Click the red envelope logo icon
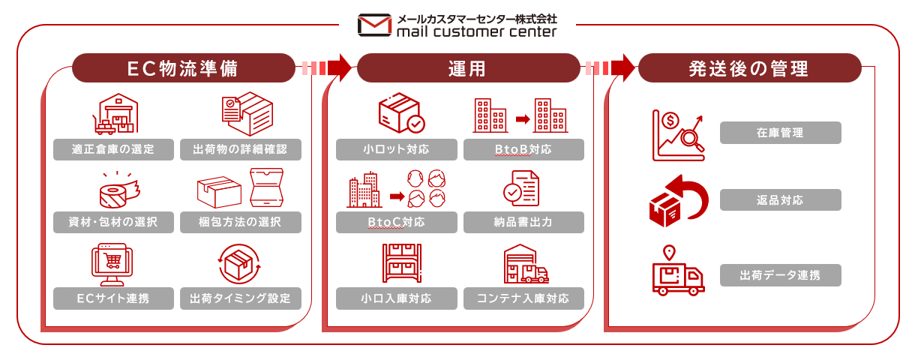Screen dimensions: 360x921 (x=374, y=25)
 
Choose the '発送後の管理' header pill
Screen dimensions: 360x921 (x=749, y=68)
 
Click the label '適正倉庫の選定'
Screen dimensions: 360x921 (x=113, y=149)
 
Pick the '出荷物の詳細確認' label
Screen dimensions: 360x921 (x=241, y=149)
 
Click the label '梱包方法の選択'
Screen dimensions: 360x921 (x=241, y=222)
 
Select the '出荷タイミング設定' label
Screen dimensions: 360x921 (x=241, y=298)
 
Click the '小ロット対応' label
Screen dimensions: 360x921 (x=396, y=149)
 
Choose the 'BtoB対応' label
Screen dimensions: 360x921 (x=523, y=149)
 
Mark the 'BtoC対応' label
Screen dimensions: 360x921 (x=396, y=223)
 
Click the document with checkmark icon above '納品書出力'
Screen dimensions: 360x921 (x=521, y=188)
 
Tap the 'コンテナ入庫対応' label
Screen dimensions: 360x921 (x=523, y=298)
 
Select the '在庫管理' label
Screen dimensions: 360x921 (x=780, y=133)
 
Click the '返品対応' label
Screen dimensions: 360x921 (x=780, y=199)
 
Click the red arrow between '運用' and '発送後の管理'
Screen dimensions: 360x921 (x=622, y=68)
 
